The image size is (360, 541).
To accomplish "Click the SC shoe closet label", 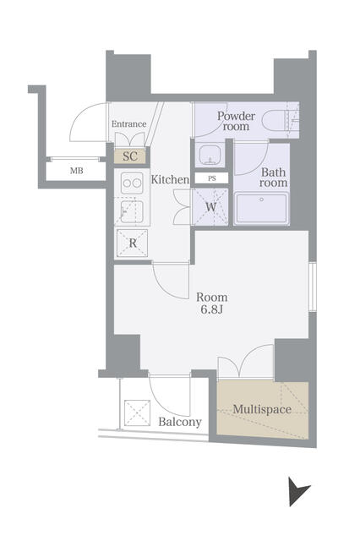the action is [x=130, y=156].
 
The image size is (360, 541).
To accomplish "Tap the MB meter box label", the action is [x=77, y=171].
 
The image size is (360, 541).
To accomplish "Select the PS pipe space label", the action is [x=212, y=178].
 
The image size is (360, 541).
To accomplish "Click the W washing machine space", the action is [x=210, y=207].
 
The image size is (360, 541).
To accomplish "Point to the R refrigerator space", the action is [x=133, y=243].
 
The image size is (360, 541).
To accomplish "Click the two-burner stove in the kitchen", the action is [x=132, y=183].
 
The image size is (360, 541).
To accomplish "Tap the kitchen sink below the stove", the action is [x=132, y=211].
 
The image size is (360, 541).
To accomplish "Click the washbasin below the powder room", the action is [x=210, y=154].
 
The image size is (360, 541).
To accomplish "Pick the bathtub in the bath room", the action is [x=261, y=209].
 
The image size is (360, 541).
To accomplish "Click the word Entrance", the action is [x=129, y=124].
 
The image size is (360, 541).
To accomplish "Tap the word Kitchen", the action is [x=170, y=179].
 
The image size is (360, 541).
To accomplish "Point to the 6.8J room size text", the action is [x=212, y=309].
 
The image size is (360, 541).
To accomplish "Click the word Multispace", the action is [x=262, y=409].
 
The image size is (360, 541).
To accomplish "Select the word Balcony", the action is [x=180, y=422].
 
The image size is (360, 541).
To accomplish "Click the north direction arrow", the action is [x=297, y=491].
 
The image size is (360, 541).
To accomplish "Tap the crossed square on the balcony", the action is [x=137, y=413].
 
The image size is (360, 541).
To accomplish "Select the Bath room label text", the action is [x=274, y=177].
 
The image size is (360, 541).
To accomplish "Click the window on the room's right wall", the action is [x=313, y=287].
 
